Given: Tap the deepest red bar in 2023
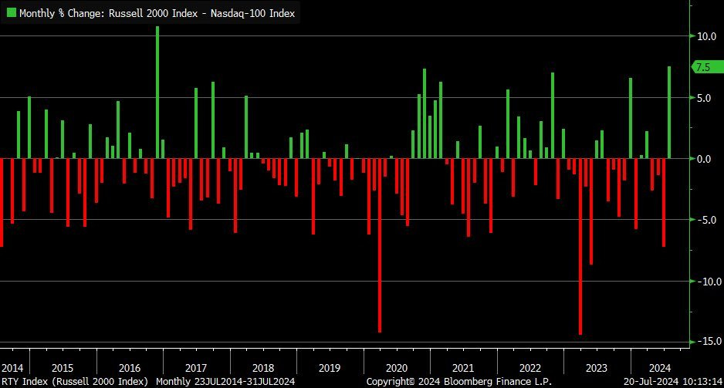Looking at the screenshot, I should click(580, 247).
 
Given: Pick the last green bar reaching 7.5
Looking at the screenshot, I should click(669, 113).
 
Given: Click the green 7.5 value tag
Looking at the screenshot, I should click(704, 67).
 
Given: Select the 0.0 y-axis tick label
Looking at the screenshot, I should click(705, 159).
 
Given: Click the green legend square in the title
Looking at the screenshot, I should click(11, 13).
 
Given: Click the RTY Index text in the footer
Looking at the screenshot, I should click(25, 381).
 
